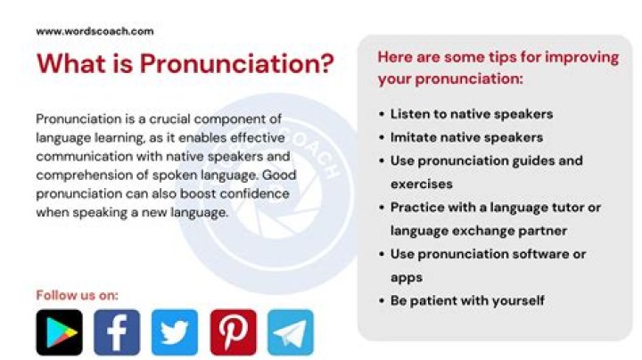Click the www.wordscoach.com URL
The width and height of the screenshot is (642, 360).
95,31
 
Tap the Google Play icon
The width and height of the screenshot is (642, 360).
59,332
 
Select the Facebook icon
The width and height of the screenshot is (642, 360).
117,332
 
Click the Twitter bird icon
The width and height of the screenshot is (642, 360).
175,332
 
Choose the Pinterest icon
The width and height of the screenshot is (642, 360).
233,332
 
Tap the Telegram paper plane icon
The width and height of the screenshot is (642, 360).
291,332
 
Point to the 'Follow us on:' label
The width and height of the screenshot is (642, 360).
77,295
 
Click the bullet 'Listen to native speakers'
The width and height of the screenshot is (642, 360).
472,114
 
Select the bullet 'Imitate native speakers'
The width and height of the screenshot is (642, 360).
466,137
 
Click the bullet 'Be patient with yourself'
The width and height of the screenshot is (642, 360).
467,300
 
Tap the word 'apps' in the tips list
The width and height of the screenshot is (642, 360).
407,277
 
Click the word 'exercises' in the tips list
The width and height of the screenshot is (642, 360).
422,184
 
